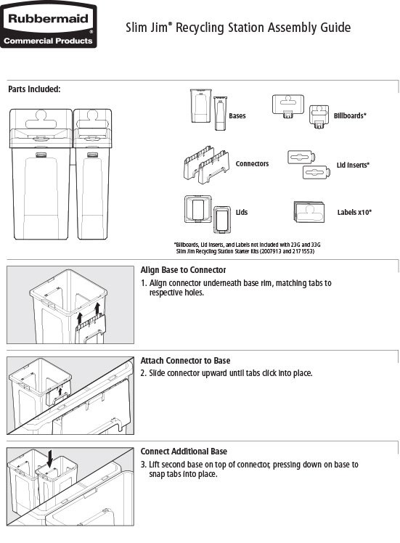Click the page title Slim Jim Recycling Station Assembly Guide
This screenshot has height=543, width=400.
pyautogui.click(x=238, y=28)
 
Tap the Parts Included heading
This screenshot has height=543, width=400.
pyautogui.click(x=34, y=89)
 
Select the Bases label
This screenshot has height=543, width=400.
pyautogui.click(x=237, y=115)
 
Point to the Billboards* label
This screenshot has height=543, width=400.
pyautogui.click(x=350, y=115)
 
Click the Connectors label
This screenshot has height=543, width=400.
pyautogui.click(x=252, y=164)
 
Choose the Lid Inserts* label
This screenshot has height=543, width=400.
pyautogui.click(x=353, y=166)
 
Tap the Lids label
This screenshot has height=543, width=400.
pyautogui.click(x=242, y=213)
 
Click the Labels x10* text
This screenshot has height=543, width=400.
pyautogui.click(x=354, y=213)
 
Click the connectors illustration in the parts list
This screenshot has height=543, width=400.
pyautogui.click(x=205, y=166)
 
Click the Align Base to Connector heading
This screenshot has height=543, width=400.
pyautogui.click(x=183, y=270)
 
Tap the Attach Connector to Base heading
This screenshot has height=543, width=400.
pyautogui.click(x=185, y=361)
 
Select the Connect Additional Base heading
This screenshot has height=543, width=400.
pyautogui.click(x=184, y=452)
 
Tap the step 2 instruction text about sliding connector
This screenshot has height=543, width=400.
pyautogui.click(x=226, y=373)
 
